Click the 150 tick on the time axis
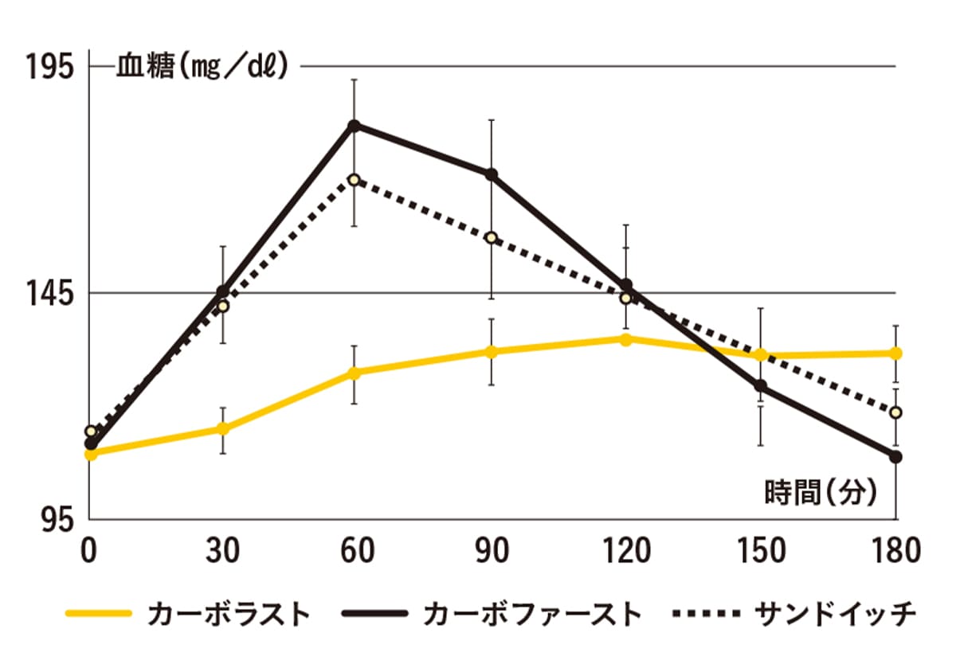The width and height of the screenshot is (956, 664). tap(762, 551)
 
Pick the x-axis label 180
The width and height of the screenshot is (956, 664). tap(895, 551)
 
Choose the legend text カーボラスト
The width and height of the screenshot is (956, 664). tap(229, 615)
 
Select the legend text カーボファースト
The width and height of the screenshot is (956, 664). tap(532, 615)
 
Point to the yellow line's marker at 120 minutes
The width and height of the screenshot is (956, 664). tap(625, 340)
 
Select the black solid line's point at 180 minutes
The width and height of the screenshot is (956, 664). tap(896, 456)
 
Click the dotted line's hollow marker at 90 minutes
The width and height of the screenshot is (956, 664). tap(491, 238)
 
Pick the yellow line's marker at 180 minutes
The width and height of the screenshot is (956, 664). tap(896, 353)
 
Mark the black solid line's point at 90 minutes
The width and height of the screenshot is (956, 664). tap(492, 174)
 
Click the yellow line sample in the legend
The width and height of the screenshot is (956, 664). tap(99, 615)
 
